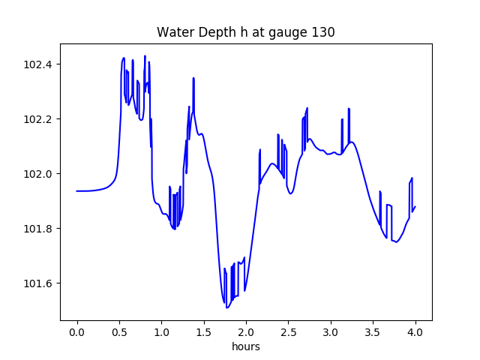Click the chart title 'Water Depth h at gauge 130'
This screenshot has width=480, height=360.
(x=245, y=32)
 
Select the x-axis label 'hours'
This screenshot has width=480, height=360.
(x=245, y=347)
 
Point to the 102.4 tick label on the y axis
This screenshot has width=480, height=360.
(x=37, y=64)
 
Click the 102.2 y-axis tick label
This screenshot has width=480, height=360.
(x=37, y=119)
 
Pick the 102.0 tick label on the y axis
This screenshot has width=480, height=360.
(x=37, y=174)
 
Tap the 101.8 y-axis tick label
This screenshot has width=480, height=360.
(x=37, y=229)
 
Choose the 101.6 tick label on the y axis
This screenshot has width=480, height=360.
(x=37, y=283)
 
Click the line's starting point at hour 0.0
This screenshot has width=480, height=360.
(x=77, y=190)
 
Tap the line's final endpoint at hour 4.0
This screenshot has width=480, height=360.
(x=415, y=206)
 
